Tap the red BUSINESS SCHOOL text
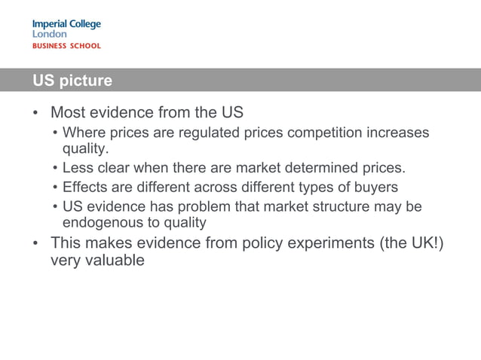[66, 46]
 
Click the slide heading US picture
[72, 81]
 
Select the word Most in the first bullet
[68, 113]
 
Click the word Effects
[86, 187]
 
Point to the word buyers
[377, 187]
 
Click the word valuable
[112, 261]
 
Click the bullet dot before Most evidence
[35, 114]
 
